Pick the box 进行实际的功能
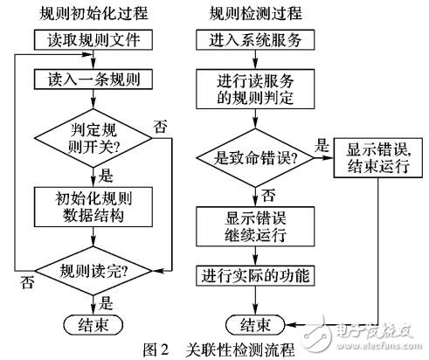(x=251, y=278)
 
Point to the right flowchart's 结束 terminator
(x=251, y=324)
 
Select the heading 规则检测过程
(x=252, y=13)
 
